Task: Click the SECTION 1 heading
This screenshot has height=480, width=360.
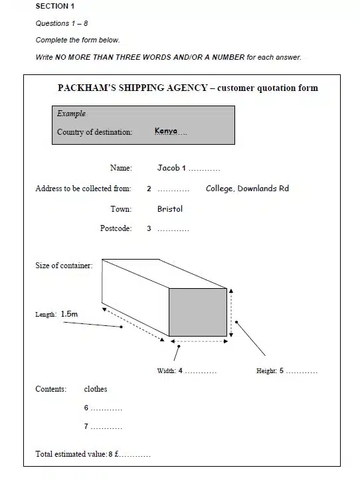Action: click(55, 6)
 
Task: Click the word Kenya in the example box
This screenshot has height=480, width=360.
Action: click(166, 131)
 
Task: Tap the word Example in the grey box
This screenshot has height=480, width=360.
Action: click(71, 114)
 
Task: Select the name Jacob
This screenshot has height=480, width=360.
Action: click(168, 168)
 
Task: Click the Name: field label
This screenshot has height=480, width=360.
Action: click(121, 168)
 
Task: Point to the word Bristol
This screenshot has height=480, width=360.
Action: click(170, 208)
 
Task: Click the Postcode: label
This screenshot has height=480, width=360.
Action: click(116, 228)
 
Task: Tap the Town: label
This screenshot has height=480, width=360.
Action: click(121, 209)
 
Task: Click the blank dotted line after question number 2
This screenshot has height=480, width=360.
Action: click(173, 191)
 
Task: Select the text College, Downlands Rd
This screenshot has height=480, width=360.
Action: click(247, 189)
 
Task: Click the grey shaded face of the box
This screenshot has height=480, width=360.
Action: click(198, 312)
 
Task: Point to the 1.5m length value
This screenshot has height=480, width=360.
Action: click(69, 314)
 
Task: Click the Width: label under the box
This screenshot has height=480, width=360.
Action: click(166, 371)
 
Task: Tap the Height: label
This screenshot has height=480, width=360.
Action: click(266, 371)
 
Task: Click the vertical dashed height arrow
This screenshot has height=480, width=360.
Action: click(231, 313)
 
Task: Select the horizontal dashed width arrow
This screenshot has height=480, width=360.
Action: click(199, 341)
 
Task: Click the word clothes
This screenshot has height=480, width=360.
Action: click(96, 389)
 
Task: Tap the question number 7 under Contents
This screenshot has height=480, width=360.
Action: click(86, 426)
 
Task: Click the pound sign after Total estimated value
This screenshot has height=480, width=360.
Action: click(116, 454)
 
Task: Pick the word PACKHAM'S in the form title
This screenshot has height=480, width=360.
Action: click(87, 88)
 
